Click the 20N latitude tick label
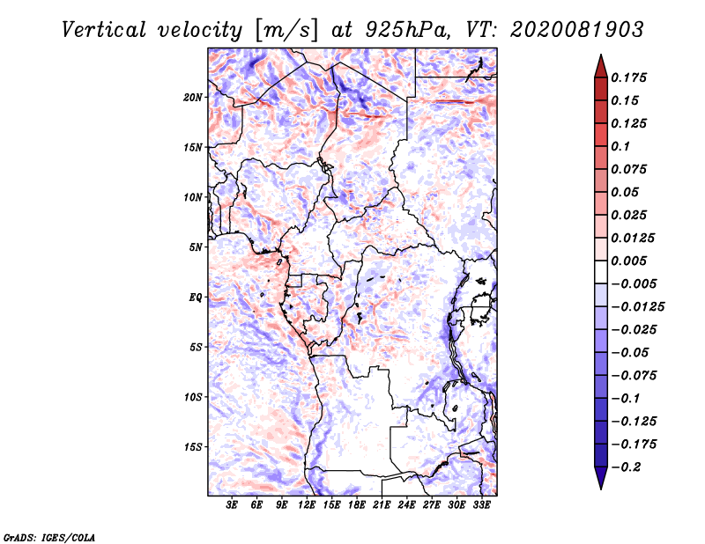coord(193,98)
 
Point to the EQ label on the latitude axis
coord(195,298)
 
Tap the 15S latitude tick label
coord(193,447)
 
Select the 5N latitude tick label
coord(196,247)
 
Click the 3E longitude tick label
coord(232,505)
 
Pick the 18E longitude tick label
coord(357,505)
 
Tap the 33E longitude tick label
coord(481,505)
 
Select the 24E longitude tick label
coord(406,505)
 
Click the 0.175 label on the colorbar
coord(628,77)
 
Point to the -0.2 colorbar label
coord(626,467)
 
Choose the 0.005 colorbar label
coord(628,261)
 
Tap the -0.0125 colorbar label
coord(637,307)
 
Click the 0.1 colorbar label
coord(620,146)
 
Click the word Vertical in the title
coord(104,30)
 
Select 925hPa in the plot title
coord(406,30)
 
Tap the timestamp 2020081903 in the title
coord(577,30)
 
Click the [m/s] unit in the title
coord(287,31)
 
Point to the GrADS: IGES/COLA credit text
coord(49,537)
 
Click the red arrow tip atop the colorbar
coord(601,55)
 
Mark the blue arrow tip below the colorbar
coord(601,488)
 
